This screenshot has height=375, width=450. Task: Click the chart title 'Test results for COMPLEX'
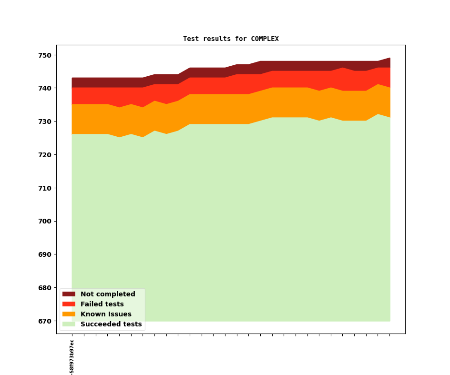(231, 39)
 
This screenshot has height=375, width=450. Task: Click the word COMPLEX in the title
(265, 39)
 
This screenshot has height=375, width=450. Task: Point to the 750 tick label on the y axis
(45, 55)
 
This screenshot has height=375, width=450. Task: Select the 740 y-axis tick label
(45, 89)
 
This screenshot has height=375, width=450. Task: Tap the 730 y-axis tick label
(45, 122)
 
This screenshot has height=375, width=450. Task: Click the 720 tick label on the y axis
(45, 155)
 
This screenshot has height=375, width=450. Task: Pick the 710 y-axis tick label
(45, 188)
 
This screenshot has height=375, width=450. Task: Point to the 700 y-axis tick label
(45, 222)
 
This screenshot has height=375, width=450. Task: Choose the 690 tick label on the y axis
(45, 254)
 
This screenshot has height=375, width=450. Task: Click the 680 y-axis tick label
(45, 288)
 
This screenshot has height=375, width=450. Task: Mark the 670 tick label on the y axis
(45, 321)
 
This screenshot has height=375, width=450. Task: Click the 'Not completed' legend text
(108, 294)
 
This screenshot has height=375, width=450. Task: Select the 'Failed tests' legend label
(102, 304)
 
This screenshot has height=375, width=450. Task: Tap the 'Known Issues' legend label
(106, 314)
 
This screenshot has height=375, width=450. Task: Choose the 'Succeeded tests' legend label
(111, 324)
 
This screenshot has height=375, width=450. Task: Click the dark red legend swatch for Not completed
(69, 294)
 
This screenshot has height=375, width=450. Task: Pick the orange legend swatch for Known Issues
(69, 314)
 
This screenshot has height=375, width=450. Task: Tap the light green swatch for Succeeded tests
(69, 324)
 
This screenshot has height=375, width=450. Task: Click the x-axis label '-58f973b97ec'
(72, 357)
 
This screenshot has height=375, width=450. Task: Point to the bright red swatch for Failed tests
(69, 304)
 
